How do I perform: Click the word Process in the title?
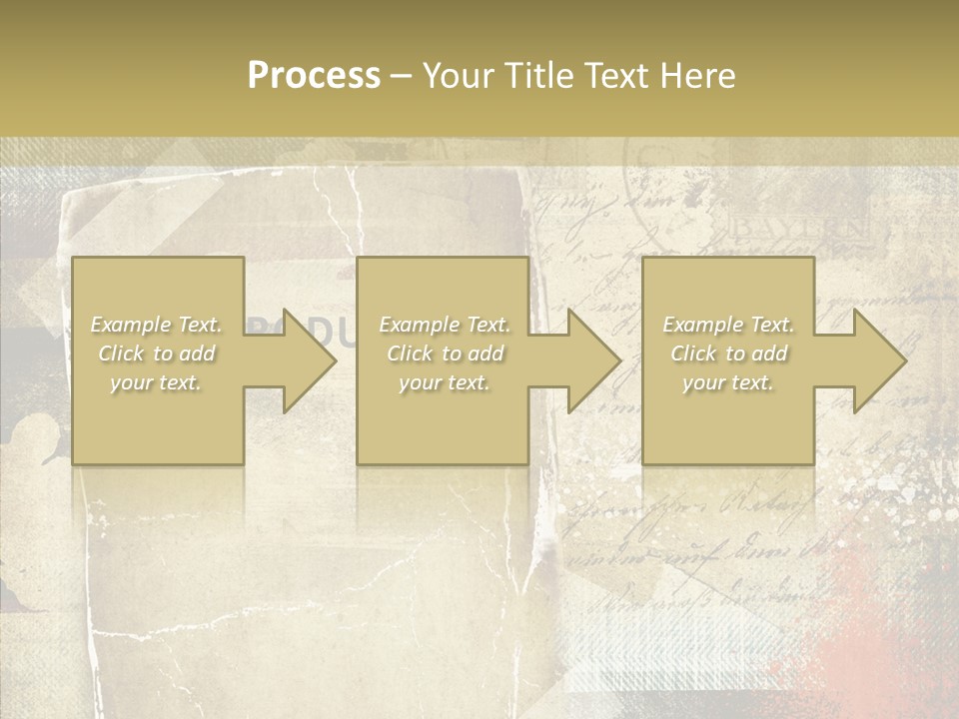(x=314, y=76)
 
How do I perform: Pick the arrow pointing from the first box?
(x=296, y=360)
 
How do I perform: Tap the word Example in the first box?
(x=131, y=325)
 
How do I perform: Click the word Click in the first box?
(x=121, y=354)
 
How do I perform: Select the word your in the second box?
(x=419, y=382)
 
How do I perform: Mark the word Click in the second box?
(x=410, y=354)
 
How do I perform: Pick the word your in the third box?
(x=702, y=382)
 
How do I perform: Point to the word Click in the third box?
(x=693, y=354)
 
